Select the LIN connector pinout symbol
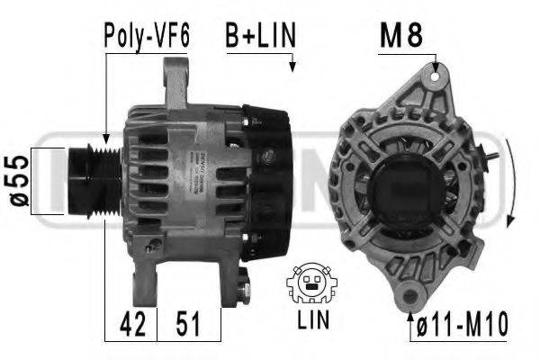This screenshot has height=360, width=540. pos(310,285)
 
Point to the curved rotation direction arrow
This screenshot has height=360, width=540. pos(510,184)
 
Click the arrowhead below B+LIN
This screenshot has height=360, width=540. pos(293,65)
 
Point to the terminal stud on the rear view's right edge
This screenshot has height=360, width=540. pos(491,159)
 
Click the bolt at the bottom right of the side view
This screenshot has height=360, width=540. pos(247,290)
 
